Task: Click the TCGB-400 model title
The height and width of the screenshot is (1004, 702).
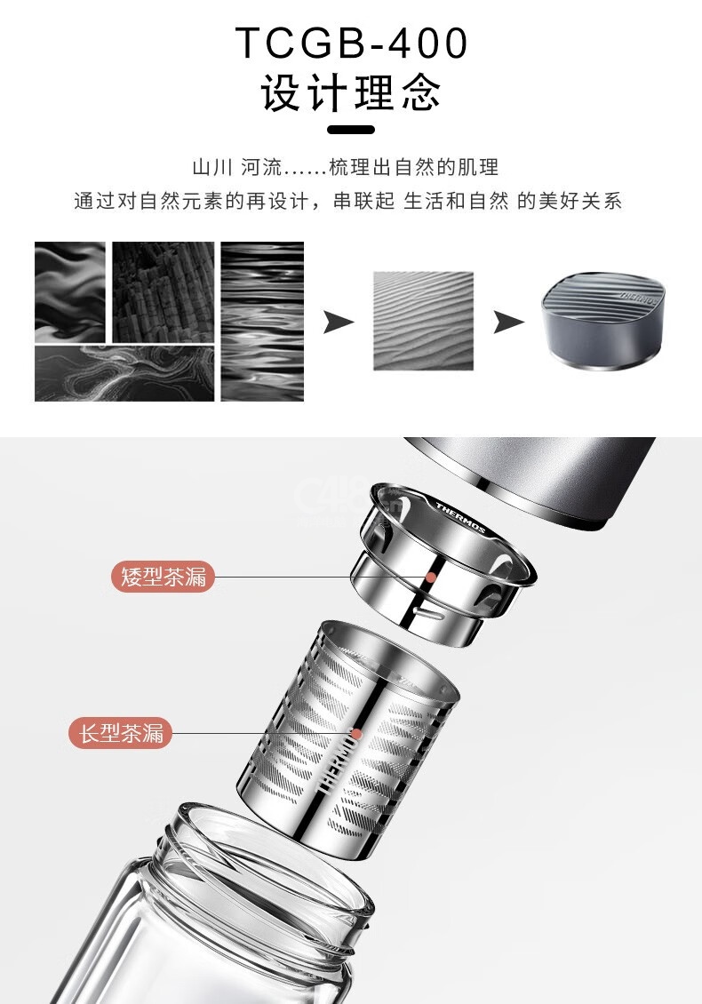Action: (352, 43)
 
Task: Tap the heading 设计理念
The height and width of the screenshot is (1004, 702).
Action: (351, 92)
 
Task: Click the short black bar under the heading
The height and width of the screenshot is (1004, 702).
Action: (351, 130)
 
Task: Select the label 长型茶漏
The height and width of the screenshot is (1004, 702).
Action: (121, 732)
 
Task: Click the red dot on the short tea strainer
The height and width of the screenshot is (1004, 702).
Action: (431, 577)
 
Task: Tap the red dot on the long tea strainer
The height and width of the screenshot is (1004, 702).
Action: (356, 734)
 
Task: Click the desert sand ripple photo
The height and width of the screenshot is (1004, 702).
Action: (423, 321)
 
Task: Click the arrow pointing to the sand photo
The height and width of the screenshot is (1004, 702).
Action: (339, 322)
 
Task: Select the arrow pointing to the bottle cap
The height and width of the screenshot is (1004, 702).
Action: (508, 322)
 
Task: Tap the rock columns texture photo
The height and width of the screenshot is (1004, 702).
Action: (164, 292)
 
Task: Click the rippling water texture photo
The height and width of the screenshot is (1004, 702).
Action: (262, 322)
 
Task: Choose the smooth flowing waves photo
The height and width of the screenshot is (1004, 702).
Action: (70, 292)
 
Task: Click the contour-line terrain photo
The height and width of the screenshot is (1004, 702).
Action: (124, 373)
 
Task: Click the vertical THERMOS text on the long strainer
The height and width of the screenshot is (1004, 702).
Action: (334, 765)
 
